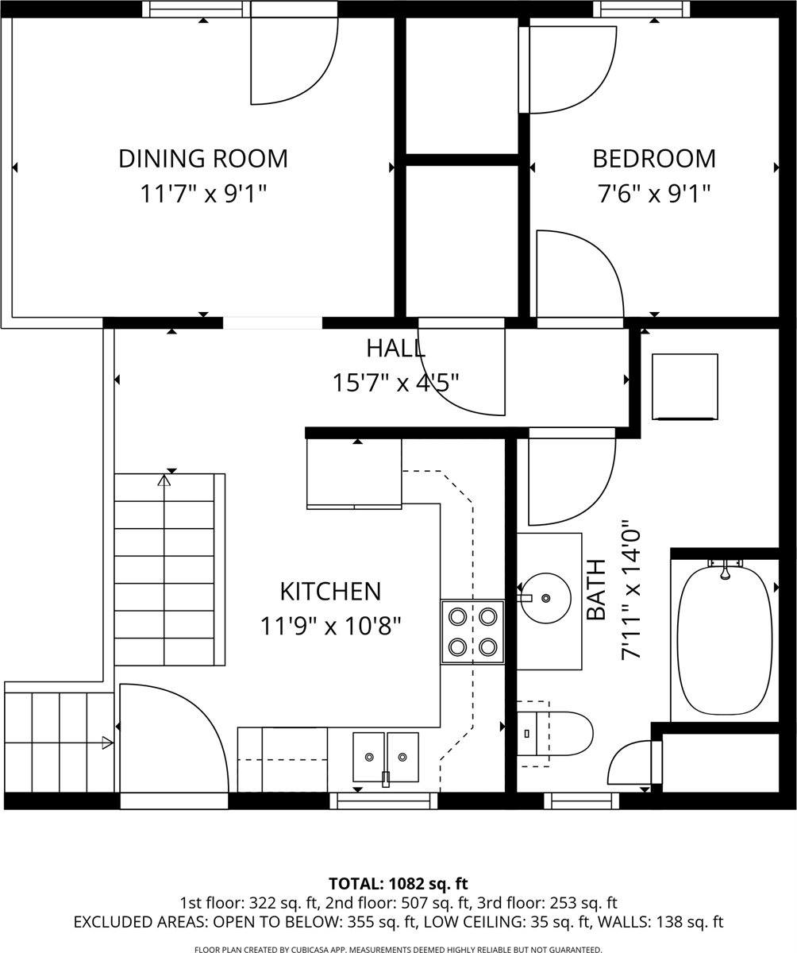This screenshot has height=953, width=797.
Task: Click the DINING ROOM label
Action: (x=203, y=159)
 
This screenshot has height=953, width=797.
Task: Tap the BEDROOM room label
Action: (x=654, y=159)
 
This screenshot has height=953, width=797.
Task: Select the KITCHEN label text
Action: (x=330, y=592)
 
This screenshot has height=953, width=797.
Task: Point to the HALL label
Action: (x=395, y=348)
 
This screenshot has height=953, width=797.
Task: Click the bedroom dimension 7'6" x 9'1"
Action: (x=654, y=193)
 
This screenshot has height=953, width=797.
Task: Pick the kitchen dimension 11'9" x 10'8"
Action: (x=330, y=626)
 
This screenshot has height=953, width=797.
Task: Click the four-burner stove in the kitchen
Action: (x=472, y=631)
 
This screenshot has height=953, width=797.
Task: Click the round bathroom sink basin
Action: (x=547, y=597)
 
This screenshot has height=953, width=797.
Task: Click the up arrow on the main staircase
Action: (x=164, y=480)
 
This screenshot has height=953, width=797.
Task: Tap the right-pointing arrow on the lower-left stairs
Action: (x=107, y=743)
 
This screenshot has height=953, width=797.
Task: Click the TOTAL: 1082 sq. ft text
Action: (x=398, y=884)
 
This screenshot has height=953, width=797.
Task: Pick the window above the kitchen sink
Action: (x=383, y=801)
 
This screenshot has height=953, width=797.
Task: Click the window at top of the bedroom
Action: (x=641, y=10)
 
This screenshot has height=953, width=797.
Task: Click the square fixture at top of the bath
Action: (x=684, y=386)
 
